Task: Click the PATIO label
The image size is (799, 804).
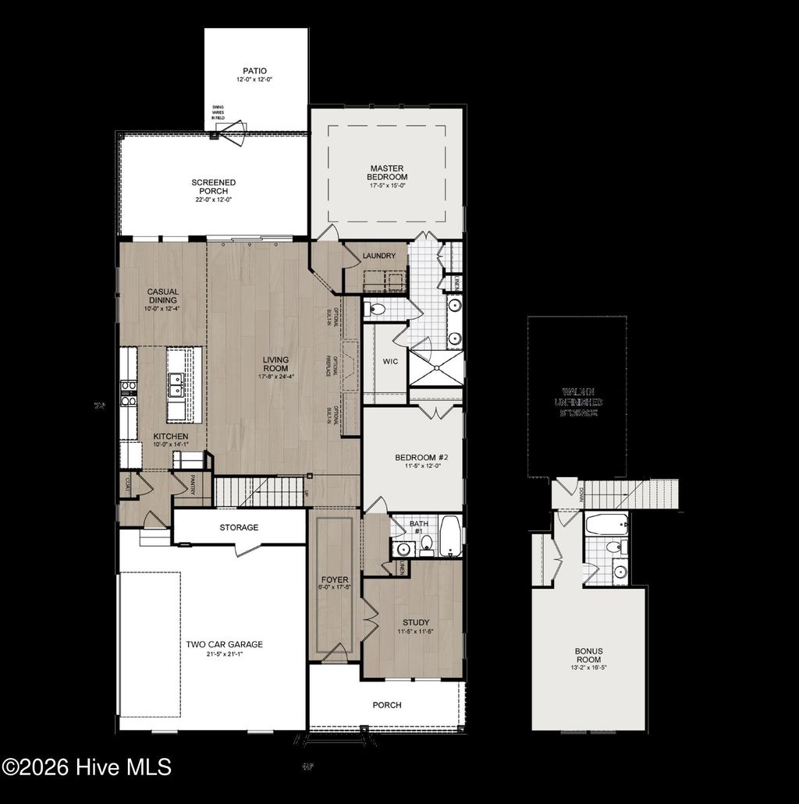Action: [x=254, y=70]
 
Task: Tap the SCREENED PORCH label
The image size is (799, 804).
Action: [x=213, y=186]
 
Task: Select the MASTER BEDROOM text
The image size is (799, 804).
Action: [x=388, y=172]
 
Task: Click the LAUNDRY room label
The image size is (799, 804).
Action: [x=379, y=256]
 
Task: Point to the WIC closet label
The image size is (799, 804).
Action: [x=390, y=361]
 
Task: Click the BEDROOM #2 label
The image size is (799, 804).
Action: [x=416, y=457]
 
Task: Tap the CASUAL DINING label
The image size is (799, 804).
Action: [x=162, y=296]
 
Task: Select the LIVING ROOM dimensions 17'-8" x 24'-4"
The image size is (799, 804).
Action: [x=275, y=377]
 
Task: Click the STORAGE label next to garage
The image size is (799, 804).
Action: [x=238, y=527]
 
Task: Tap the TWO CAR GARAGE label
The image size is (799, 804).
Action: [x=224, y=644]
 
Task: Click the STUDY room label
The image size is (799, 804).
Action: [x=416, y=622]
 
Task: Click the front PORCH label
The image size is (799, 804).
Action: [x=387, y=705]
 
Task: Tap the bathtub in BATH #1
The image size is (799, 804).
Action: [x=450, y=536]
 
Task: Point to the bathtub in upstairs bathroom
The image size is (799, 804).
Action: [x=606, y=523]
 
